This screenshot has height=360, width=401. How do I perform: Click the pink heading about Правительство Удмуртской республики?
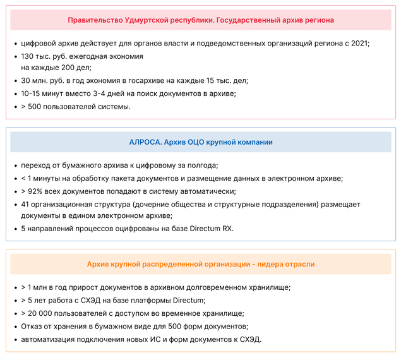(x=201, y=20)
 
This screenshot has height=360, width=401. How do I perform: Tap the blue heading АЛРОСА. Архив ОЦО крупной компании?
(x=201, y=142)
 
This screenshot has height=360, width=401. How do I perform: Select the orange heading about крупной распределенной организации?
(x=201, y=264)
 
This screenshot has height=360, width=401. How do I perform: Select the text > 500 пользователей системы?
(x=76, y=106)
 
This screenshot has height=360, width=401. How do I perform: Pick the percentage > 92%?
(x=33, y=191)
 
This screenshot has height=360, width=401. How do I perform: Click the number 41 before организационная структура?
(x=26, y=205)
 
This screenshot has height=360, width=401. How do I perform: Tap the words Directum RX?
(x=211, y=228)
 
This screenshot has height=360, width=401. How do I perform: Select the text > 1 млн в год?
(x=45, y=287)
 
